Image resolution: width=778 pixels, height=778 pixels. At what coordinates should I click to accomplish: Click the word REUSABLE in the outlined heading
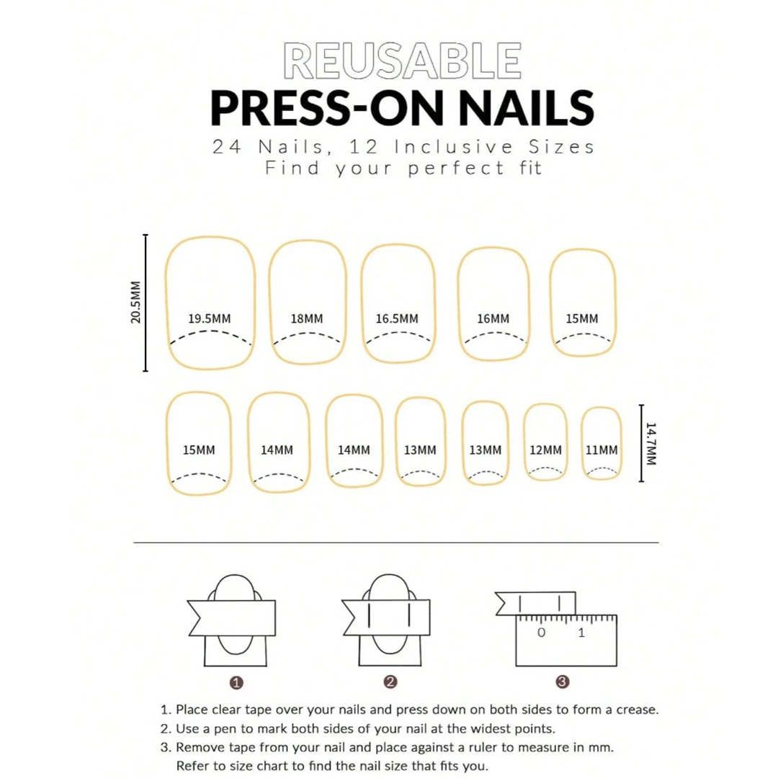[403, 61]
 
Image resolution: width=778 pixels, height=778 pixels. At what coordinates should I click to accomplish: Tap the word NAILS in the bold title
[526, 108]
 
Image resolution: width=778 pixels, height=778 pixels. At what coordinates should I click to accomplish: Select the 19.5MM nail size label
[210, 318]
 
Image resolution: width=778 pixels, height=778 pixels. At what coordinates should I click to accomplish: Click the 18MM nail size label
[307, 318]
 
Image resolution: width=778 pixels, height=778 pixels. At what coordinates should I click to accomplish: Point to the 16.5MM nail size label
[397, 318]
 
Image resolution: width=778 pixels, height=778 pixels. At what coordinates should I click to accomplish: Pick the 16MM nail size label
[493, 318]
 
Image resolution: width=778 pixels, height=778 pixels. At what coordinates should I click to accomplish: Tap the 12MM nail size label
[545, 450]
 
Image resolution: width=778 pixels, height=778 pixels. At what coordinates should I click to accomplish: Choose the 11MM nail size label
[602, 450]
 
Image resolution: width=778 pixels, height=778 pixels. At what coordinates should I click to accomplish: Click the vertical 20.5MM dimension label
[135, 302]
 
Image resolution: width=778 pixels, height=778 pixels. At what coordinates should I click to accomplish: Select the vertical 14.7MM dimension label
[651, 444]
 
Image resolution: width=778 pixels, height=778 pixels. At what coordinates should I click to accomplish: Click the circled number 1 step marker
[236, 683]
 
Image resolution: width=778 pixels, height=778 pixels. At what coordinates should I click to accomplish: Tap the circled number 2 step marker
[390, 681]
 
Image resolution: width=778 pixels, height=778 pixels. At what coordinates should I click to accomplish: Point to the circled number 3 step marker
[562, 681]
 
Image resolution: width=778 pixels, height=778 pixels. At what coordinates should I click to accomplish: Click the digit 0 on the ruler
[541, 632]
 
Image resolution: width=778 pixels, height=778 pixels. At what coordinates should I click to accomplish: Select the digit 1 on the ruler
[581, 632]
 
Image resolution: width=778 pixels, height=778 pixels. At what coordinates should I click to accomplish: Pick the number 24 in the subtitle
[227, 147]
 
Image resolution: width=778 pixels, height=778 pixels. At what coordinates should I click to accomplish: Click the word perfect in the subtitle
[456, 169]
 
